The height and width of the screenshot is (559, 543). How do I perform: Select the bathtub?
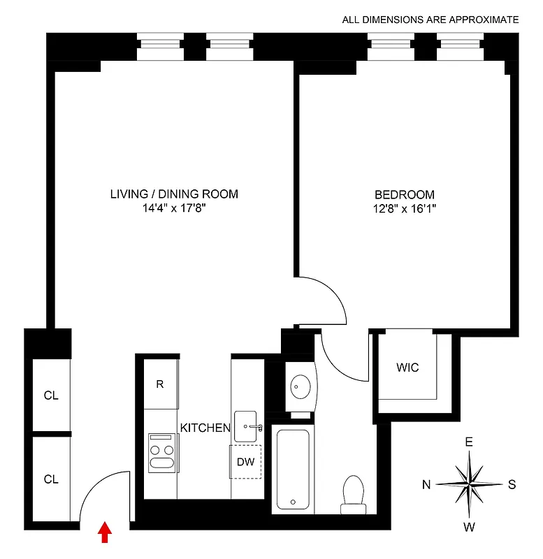(x=292, y=469)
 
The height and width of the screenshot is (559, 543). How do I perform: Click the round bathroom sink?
(x=301, y=386)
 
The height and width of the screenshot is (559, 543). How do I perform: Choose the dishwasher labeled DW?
(x=246, y=461)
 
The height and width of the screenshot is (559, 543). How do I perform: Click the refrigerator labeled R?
(x=160, y=384)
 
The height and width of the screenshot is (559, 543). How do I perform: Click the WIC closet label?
(x=407, y=368)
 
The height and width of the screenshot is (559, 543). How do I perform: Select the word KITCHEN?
(x=205, y=428)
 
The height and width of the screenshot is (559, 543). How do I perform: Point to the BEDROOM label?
(x=404, y=195)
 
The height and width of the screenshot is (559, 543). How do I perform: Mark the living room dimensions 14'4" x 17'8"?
(x=174, y=208)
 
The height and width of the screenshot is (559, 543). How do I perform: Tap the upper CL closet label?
(x=51, y=395)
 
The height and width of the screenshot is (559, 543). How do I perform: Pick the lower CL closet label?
(x=51, y=479)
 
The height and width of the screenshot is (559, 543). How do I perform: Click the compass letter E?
(x=470, y=442)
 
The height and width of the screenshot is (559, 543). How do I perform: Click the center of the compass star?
(x=470, y=484)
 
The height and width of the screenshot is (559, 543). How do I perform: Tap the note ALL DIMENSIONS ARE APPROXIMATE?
(x=430, y=20)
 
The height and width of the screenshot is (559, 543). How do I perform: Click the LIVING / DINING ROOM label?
(x=174, y=194)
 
